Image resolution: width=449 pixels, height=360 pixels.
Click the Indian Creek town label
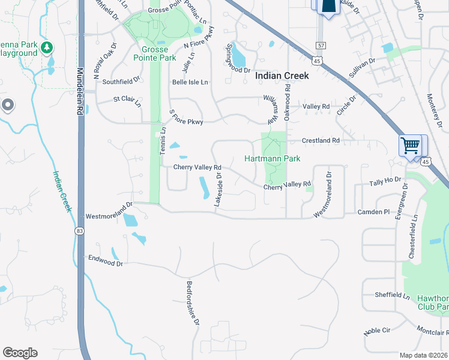(x=282, y=76)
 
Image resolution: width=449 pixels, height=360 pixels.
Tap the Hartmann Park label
(x=272, y=158)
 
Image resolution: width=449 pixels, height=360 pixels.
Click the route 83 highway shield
(x=80, y=230)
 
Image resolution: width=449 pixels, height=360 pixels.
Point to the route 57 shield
(x=322, y=46)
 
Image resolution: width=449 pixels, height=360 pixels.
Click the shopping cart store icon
(x=411, y=145)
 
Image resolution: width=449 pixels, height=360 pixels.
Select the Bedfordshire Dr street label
(x=192, y=303)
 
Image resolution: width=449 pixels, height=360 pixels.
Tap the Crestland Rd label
(x=321, y=140)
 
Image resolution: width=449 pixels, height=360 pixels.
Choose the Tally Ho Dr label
(x=385, y=181)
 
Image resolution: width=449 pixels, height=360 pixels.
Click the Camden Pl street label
(x=373, y=212)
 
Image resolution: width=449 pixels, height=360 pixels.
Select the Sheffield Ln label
(x=392, y=295)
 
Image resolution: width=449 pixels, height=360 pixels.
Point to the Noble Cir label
(x=377, y=331)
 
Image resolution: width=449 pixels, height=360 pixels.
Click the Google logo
(x=20, y=352)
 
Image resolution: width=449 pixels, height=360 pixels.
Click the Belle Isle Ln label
(x=190, y=82)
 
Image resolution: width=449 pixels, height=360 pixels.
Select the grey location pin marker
(x=8, y=106)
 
